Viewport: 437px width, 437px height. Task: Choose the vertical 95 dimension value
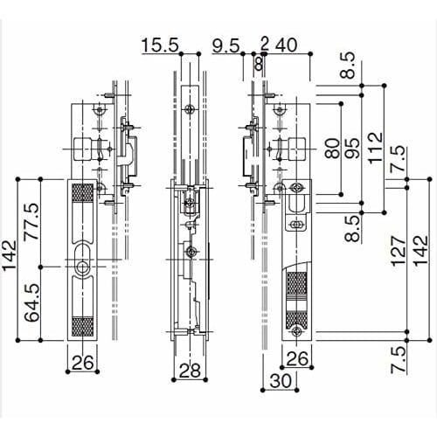(354, 146)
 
